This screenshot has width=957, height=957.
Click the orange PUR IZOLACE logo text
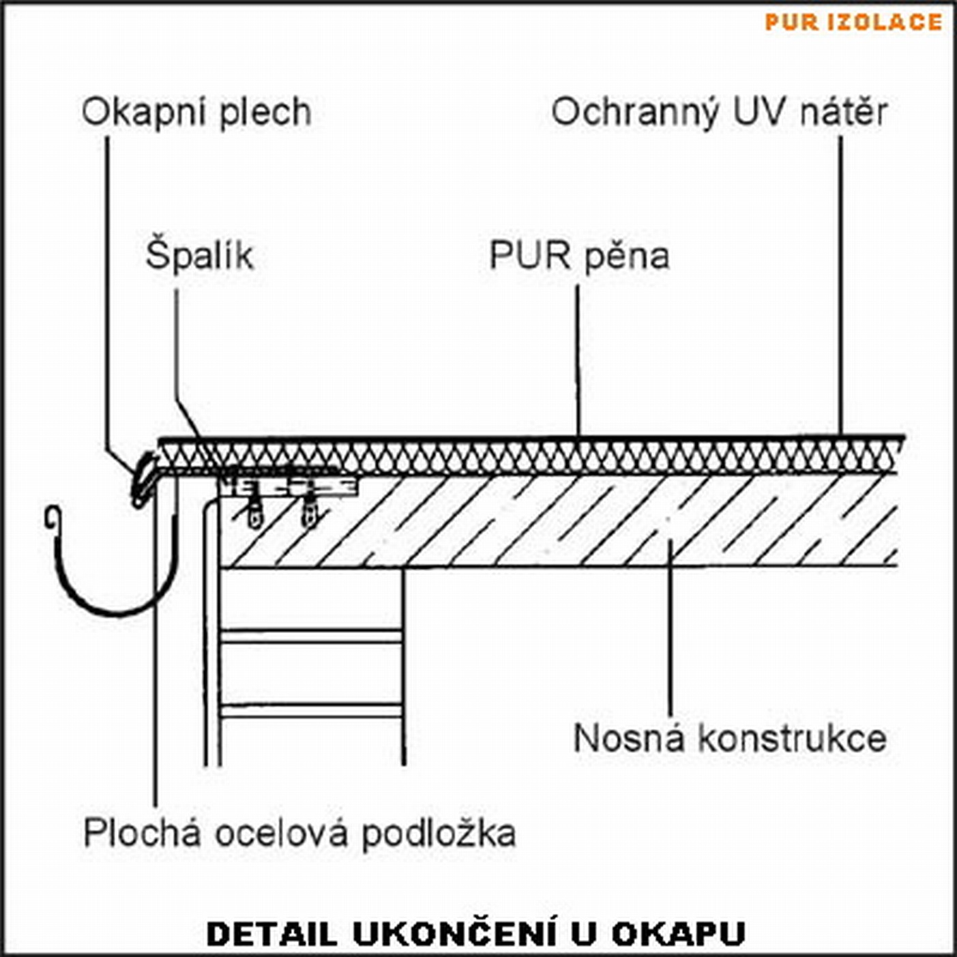pyautogui.click(x=853, y=22)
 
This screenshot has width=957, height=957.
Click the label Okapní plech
pyautogui.click(x=196, y=112)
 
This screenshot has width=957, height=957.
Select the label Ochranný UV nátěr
pyautogui.click(x=719, y=112)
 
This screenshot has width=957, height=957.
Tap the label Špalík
pyautogui.click(x=199, y=256)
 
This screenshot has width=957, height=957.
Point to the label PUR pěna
pyautogui.click(x=579, y=256)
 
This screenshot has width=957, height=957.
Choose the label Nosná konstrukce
pyautogui.click(x=729, y=738)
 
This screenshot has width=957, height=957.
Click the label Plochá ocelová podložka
pyautogui.click(x=299, y=834)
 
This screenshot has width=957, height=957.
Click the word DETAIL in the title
pyautogui.click(x=271, y=934)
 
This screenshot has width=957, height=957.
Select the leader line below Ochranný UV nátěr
pyautogui.click(x=840, y=286)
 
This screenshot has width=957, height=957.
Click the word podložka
pyautogui.click(x=438, y=834)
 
